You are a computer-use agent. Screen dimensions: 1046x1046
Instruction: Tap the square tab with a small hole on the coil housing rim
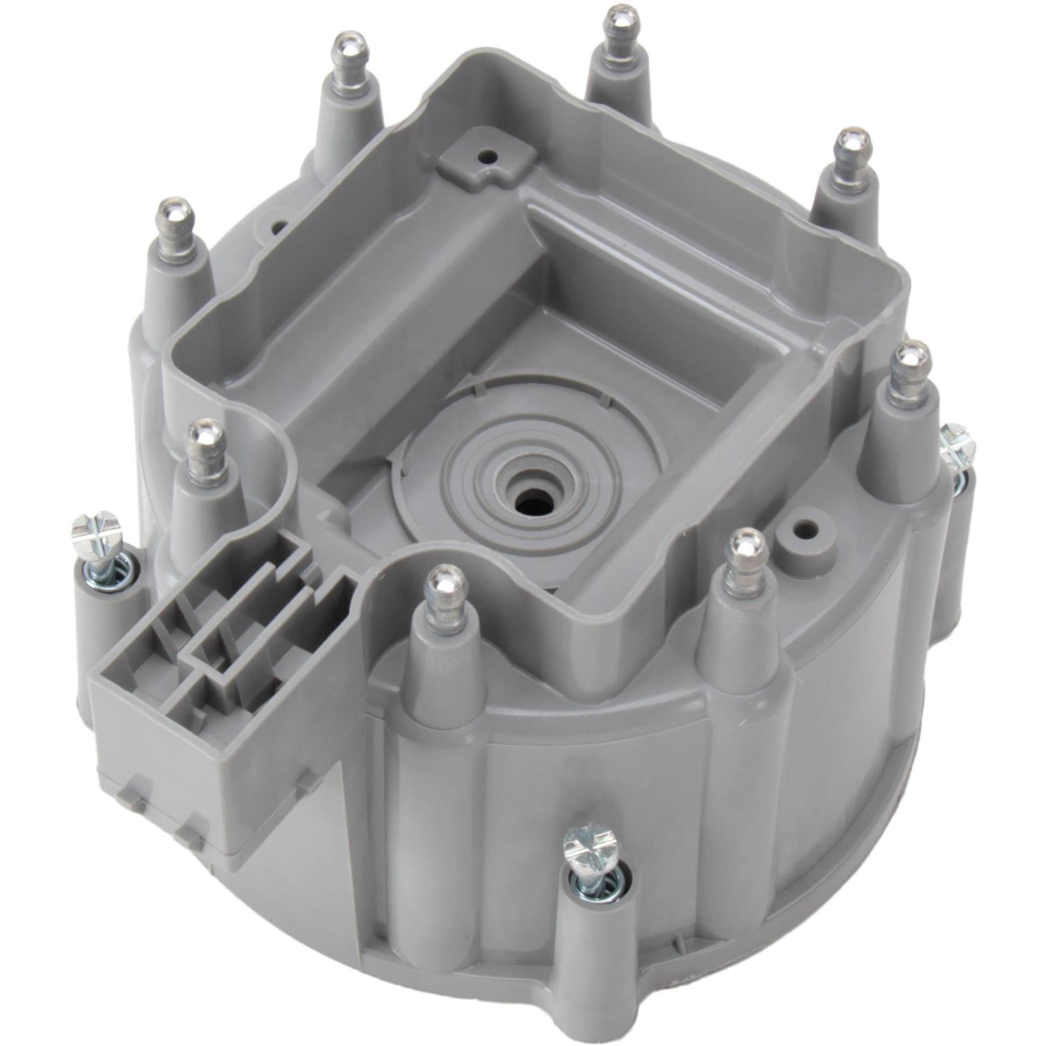point(484,160)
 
